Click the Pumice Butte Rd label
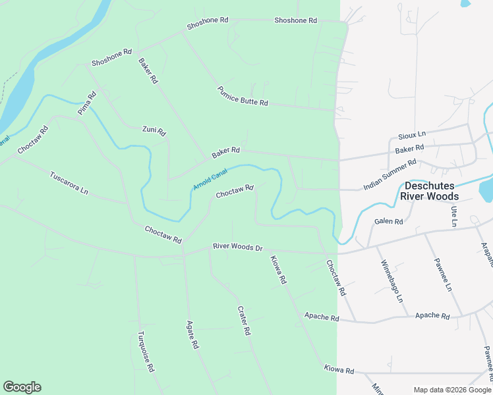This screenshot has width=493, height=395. tap(243, 97)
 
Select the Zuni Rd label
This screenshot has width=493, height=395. tap(154, 131)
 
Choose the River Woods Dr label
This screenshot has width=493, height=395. tap(237, 247)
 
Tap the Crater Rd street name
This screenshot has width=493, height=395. tap(244, 321)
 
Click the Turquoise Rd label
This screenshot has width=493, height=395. tap(145, 351)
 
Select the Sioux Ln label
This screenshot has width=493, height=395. tap(412, 134)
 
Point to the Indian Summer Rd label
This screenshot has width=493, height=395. tap(390, 174)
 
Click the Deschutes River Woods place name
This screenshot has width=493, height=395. tap(431, 192)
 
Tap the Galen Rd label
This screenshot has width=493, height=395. tap(388, 222)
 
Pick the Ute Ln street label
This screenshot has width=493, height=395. tap(454, 216)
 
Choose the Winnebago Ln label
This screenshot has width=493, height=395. tap(390, 281)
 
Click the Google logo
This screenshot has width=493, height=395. tap(22, 387)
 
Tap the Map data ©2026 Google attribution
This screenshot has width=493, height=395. tap(451, 390)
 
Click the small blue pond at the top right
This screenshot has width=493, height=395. tap(466, 3)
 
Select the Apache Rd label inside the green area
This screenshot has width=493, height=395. tap(321, 317)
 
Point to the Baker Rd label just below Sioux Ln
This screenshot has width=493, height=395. tap(409, 149)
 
